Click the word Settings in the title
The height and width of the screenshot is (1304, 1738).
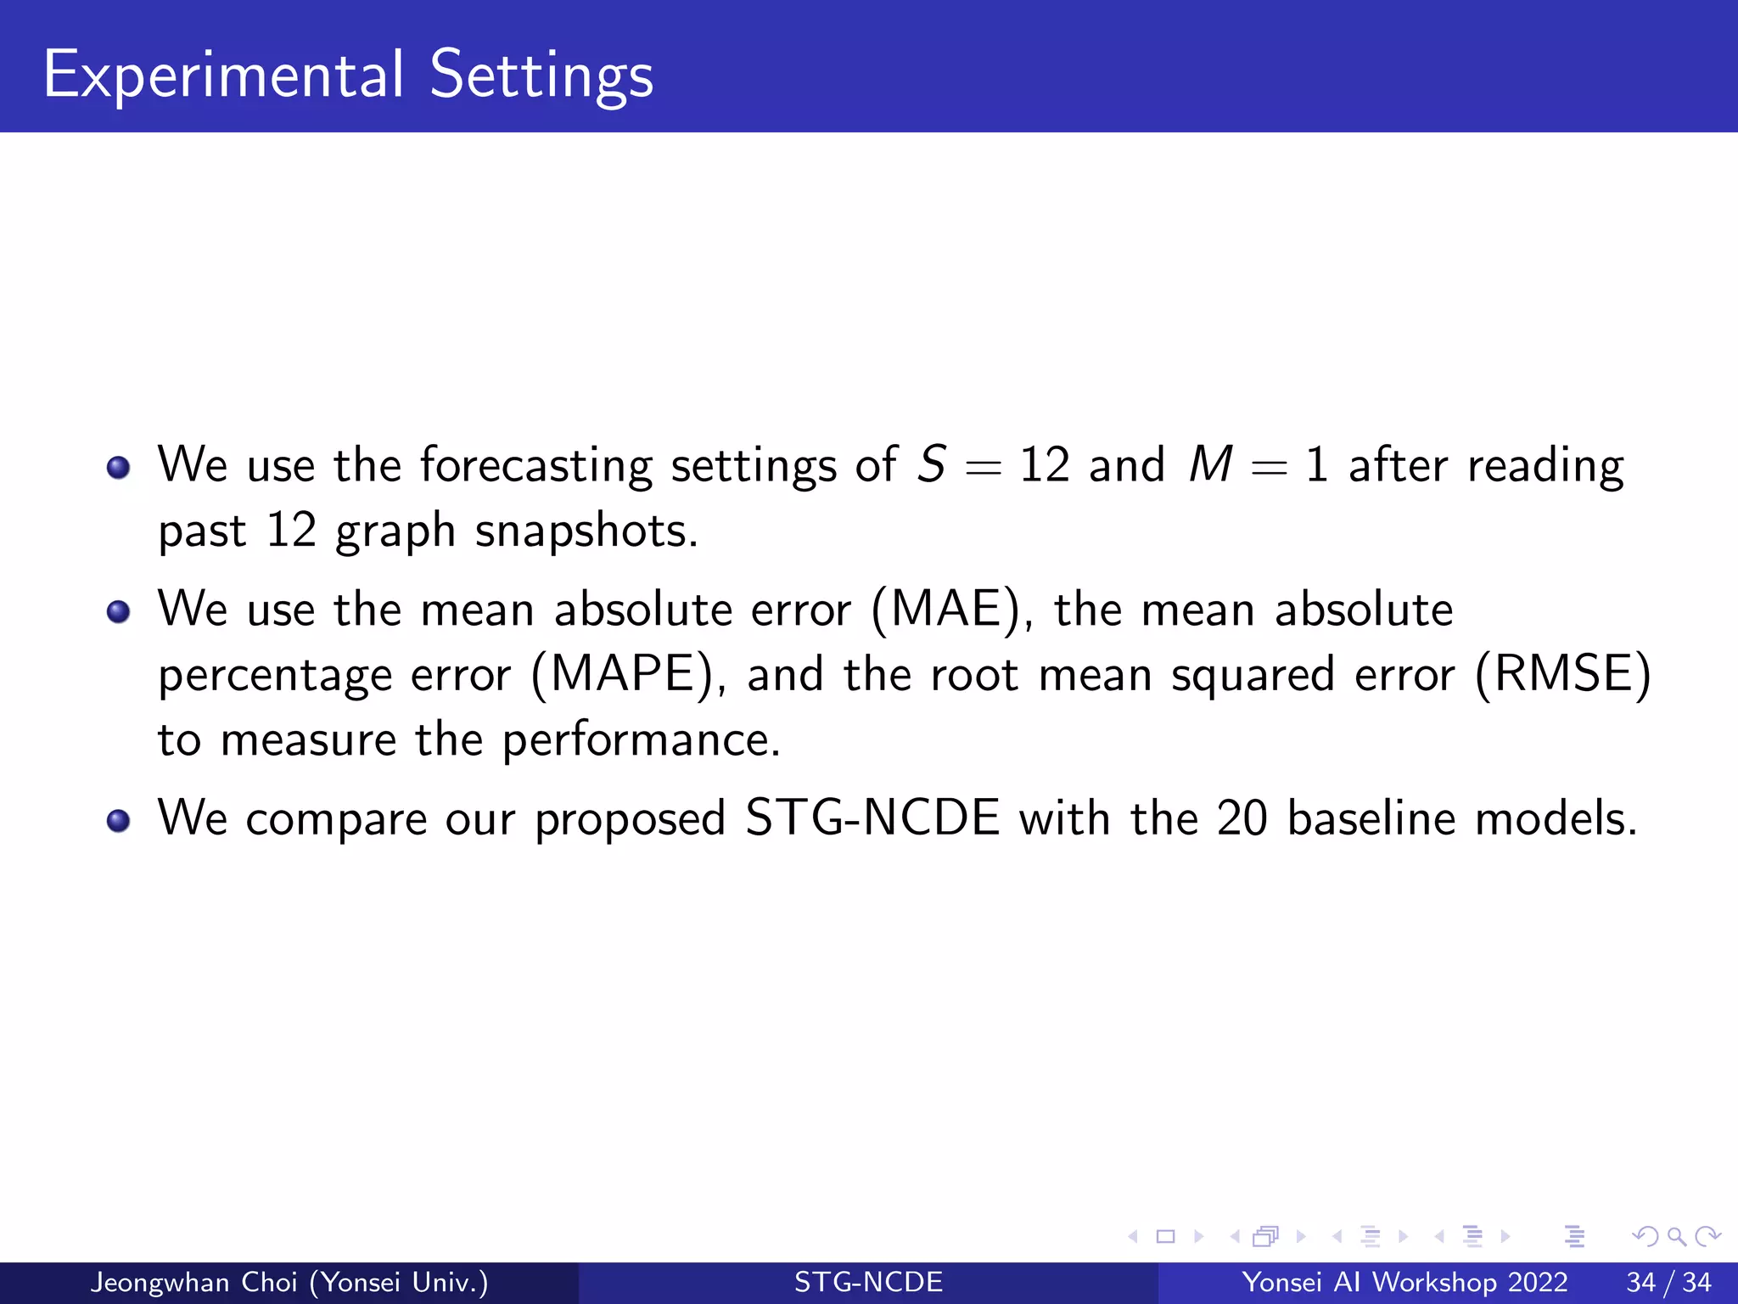click(x=541, y=76)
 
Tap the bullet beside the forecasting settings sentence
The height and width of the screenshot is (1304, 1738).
click(x=119, y=468)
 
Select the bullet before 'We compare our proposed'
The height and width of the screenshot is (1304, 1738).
click(x=119, y=821)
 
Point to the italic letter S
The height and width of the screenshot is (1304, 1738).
click(x=932, y=465)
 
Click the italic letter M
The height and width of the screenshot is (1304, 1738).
click(x=1210, y=465)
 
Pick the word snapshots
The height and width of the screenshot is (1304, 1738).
click(x=586, y=532)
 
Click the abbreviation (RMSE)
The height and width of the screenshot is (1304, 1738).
click(x=1563, y=675)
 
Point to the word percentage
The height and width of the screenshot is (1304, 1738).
click(x=275, y=677)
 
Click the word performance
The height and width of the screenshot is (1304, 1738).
click(x=640, y=741)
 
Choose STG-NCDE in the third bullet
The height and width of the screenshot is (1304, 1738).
click(x=872, y=818)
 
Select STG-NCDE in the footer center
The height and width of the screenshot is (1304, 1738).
click(x=868, y=1282)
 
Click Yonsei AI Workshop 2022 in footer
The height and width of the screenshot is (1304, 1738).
click(x=1404, y=1282)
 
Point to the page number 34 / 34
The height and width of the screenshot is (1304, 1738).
click(x=1668, y=1282)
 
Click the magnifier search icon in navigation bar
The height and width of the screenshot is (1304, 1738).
click(x=1676, y=1237)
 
